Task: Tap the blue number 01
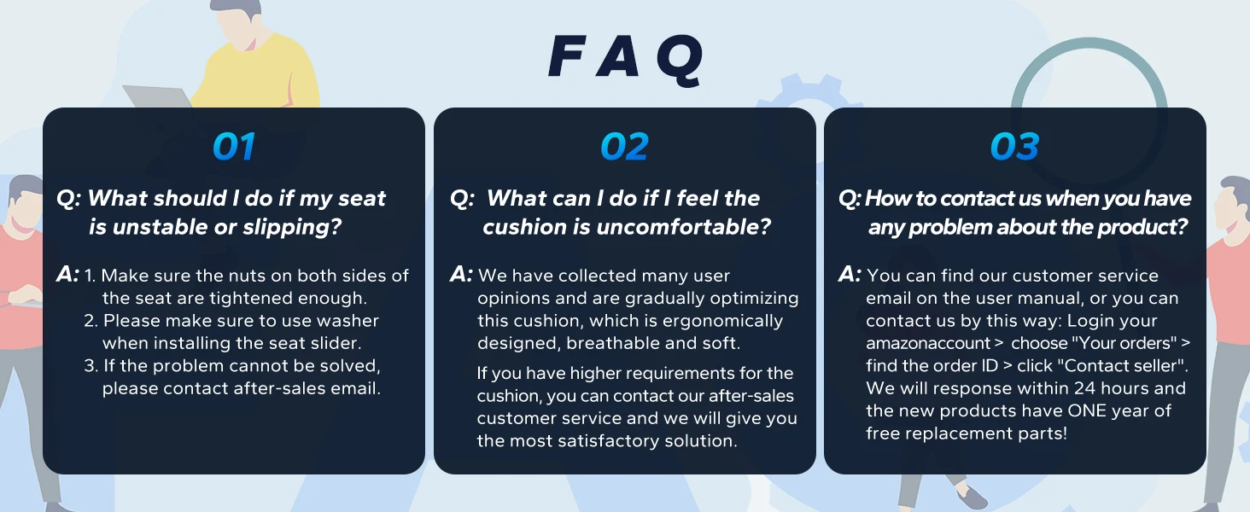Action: click(234, 147)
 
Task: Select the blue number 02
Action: click(624, 147)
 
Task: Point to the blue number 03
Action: click(1014, 147)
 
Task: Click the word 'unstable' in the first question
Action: click(157, 227)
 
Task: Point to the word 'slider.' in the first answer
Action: click(336, 343)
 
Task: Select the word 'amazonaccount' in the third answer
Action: click(928, 343)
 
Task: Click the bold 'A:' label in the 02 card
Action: click(461, 275)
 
